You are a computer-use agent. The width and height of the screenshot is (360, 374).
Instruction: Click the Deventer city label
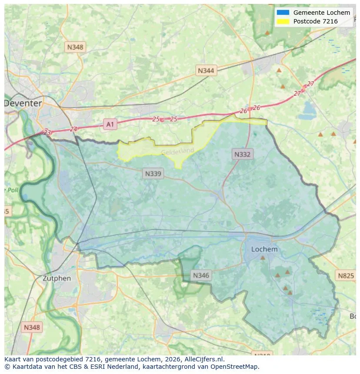coord(23,103)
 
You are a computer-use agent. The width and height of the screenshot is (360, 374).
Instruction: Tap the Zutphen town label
coord(57,278)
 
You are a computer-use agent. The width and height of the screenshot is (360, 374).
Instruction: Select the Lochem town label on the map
coord(264,249)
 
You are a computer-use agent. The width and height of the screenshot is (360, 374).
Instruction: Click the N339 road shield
coord(153,174)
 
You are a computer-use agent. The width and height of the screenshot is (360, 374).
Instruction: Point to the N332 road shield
coord(242,154)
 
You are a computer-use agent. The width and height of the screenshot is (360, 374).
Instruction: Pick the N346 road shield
coord(201,275)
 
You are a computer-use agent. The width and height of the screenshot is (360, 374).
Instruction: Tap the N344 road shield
coord(206,70)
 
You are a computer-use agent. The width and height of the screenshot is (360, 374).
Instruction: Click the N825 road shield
coord(346,275)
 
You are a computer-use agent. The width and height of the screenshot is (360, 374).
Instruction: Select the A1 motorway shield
coord(110,125)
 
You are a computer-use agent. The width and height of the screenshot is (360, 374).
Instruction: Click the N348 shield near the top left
coord(75,46)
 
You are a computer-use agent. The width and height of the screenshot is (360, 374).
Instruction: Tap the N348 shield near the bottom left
coord(32,327)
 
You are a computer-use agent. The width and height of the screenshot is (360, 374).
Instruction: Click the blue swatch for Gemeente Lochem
coord(283,13)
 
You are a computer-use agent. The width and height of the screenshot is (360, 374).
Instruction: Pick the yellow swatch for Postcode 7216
coord(283,21)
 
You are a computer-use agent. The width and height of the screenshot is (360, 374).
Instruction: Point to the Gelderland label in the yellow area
coord(177,151)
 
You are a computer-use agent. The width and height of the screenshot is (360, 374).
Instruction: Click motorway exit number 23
coord(47,132)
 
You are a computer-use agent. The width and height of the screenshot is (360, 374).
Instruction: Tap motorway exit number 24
coord(73,129)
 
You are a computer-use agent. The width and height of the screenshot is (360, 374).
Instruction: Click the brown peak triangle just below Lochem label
coord(263,258)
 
